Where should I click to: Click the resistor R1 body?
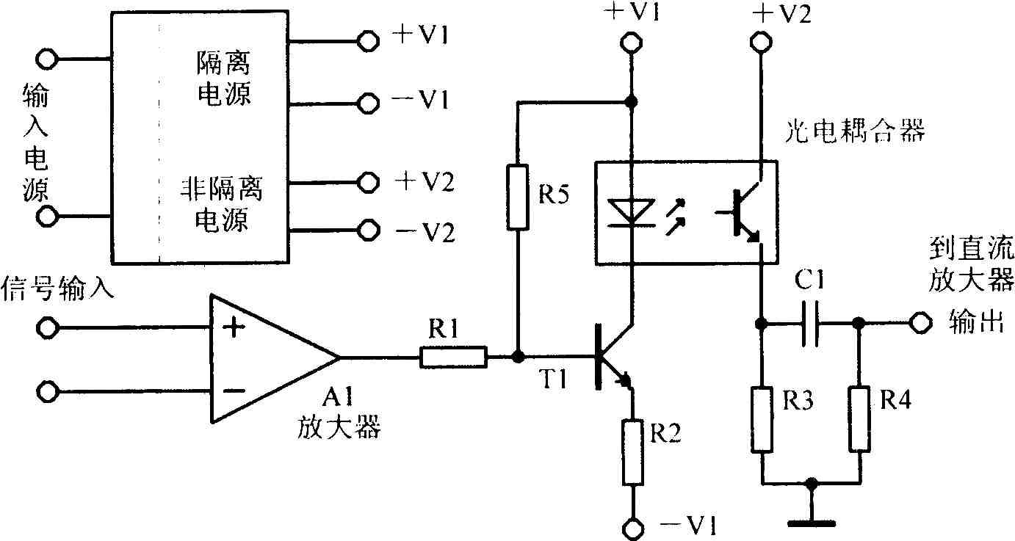point(454,357)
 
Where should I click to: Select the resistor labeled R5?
point(518,197)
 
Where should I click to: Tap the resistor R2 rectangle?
point(632,453)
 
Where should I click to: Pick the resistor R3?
point(762,419)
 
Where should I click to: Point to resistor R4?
point(859,418)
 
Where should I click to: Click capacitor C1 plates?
point(810,323)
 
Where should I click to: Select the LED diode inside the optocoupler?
point(631,213)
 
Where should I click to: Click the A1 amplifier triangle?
point(275,358)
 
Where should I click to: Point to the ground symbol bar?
point(812,524)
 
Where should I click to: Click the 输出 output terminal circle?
point(920,323)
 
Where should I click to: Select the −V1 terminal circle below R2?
point(632,529)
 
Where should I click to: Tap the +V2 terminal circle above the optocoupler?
point(761,42)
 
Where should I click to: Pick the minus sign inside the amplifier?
point(234,390)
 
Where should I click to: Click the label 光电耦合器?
point(855,131)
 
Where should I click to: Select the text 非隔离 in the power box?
point(222,189)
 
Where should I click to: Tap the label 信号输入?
point(57,288)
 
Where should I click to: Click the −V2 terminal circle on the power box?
point(368,230)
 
